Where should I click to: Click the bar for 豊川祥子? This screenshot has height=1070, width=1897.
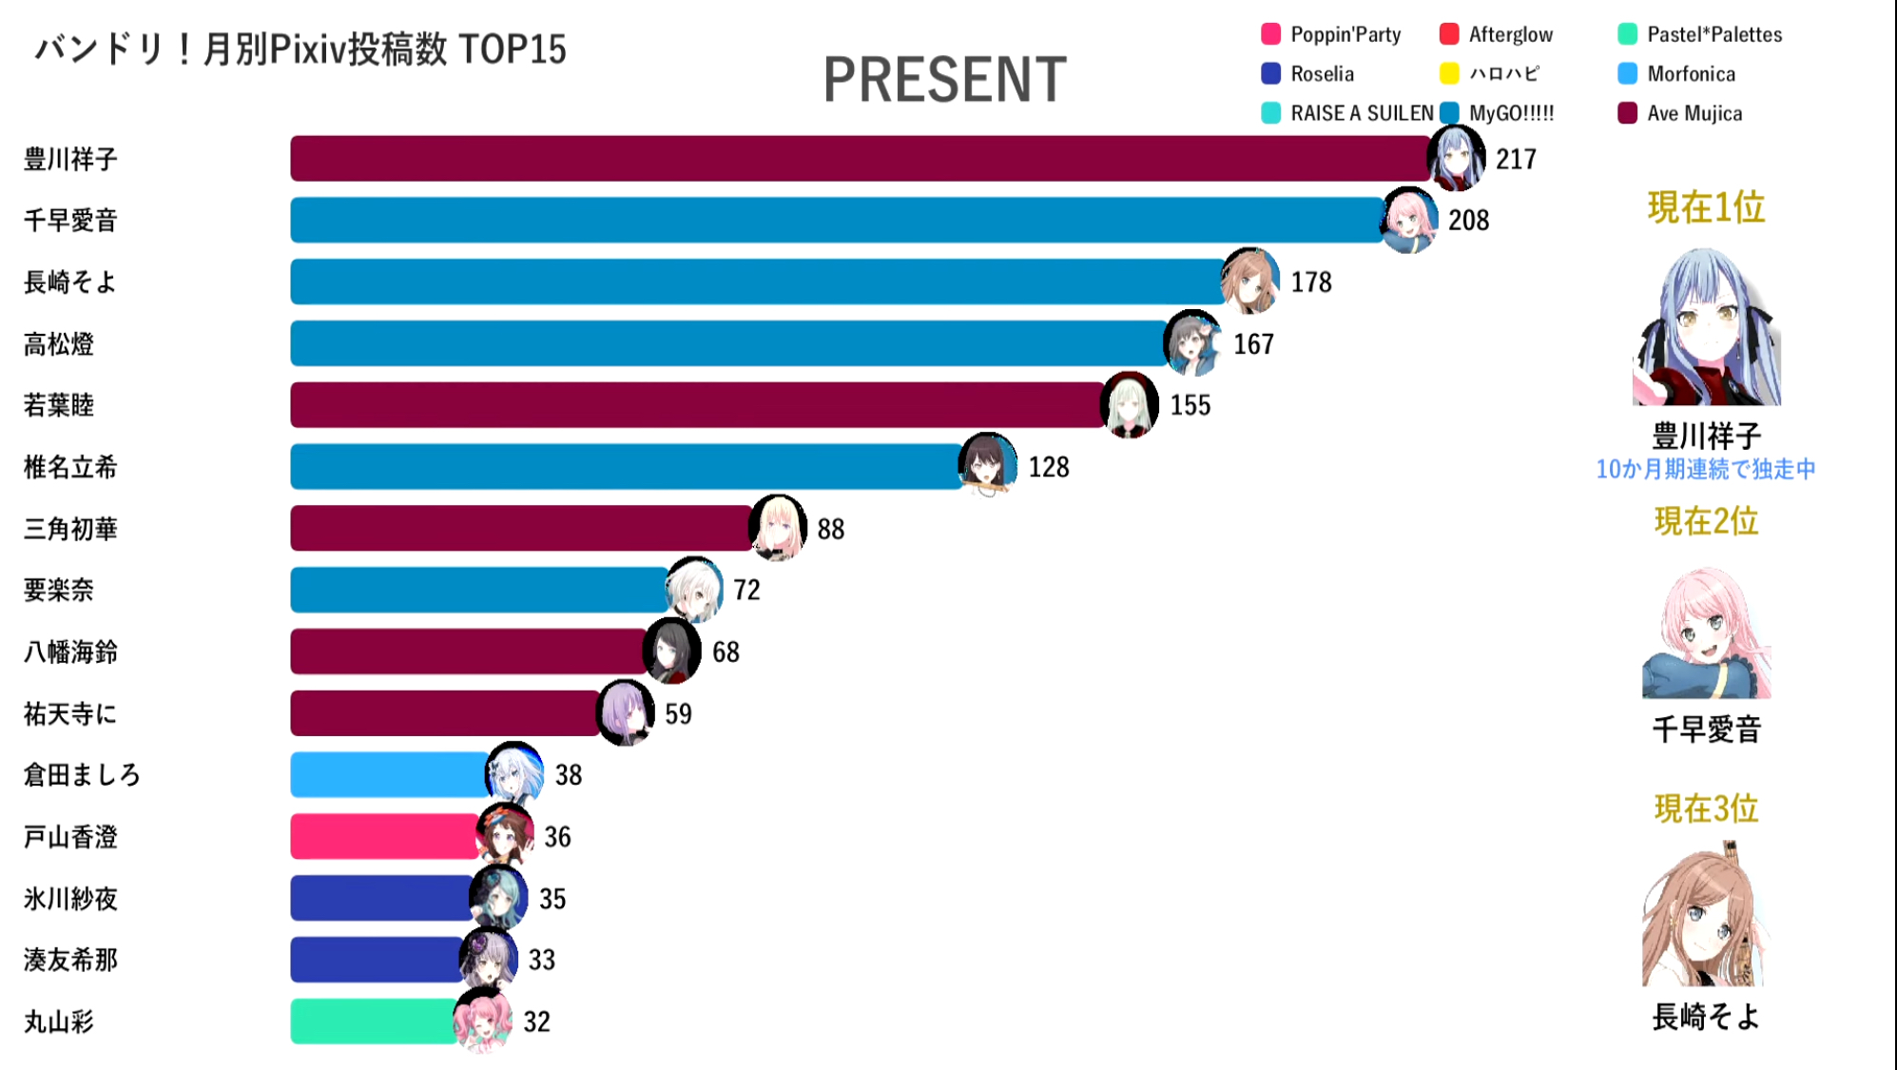[856, 158]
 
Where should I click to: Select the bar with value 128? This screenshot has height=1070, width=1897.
[628, 467]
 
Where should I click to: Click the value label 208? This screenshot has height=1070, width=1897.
[1468, 221]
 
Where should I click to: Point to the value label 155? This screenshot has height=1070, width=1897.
[1190, 406]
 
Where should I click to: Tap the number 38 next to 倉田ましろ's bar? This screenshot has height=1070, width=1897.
[569, 775]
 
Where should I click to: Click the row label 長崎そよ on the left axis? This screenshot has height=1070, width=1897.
[70, 282]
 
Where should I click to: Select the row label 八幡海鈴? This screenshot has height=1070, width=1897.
[70, 652]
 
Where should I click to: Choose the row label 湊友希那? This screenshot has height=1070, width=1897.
[70, 961]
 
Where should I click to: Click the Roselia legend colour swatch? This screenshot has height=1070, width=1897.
[1270, 74]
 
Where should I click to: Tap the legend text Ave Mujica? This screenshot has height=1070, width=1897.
[1694, 114]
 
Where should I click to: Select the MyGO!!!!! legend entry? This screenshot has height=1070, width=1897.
[1510, 114]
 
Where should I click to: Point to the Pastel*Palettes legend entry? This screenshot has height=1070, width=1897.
[1713, 35]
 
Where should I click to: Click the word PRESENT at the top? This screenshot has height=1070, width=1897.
[944, 80]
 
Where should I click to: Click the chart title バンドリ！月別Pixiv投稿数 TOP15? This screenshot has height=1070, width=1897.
[300, 49]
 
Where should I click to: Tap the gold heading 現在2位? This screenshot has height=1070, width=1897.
[1706, 521]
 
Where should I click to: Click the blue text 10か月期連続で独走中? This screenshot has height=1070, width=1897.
[1706, 470]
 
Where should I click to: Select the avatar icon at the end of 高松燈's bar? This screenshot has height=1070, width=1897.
[1192, 343]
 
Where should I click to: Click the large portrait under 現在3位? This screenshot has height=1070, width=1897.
[1703, 915]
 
